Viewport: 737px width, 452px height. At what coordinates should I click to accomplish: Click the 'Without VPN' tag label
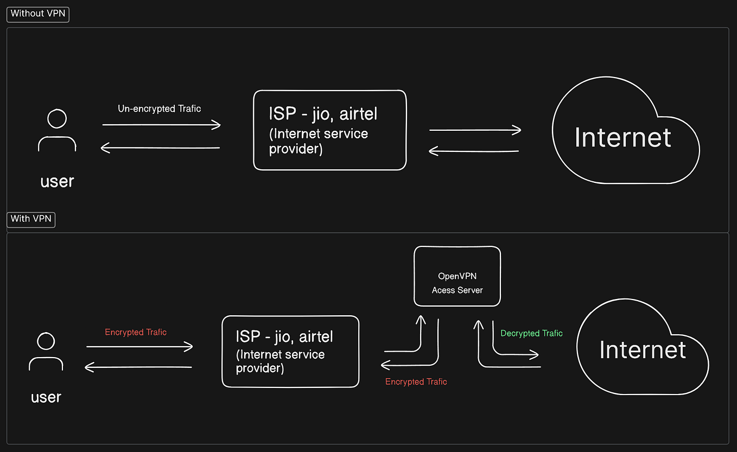[x=37, y=14]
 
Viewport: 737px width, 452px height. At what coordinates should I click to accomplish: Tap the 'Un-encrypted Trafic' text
[x=159, y=109]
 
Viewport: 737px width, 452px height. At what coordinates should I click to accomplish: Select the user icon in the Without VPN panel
[x=57, y=130]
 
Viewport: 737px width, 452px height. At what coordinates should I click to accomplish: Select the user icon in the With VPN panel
[x=46, y=352]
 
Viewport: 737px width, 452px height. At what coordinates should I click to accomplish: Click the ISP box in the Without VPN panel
[x=329, y=130]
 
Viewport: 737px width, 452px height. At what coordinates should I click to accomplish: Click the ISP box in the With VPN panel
[x=290, y=352]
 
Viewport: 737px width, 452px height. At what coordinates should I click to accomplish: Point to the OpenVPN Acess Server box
[x=457, y=276]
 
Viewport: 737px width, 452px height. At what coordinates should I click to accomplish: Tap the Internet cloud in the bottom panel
[x=643, y=350]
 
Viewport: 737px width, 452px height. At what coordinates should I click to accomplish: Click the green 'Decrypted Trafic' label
[x=531, y=333]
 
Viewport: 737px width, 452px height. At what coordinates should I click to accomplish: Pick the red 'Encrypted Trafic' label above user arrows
[x=136, y=332]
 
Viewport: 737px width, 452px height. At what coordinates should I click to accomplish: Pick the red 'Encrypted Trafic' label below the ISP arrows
[x=416, y=381]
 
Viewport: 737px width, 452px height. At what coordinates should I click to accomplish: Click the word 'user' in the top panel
[x=57, y=181]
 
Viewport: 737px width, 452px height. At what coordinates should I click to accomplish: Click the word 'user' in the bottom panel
[x=46, y=397]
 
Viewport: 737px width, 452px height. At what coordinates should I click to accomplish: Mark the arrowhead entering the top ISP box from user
[x=217, y=125]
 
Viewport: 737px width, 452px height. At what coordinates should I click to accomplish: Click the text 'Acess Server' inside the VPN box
[x=457, y=290]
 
